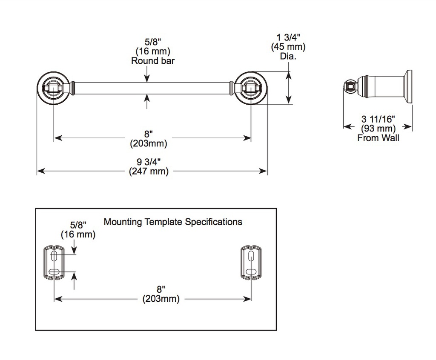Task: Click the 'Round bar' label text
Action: click(x=153, y=60)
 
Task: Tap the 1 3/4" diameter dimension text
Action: click(x=288, y=37)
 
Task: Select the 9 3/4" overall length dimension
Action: click(x=149, y=162)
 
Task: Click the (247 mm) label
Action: click(x=149, y=171)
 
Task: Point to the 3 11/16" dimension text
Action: click(x=378, y=119)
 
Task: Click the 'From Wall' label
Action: click(x=378, y=138)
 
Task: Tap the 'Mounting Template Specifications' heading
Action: click(x=173, y=222)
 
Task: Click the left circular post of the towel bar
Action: click(x=53, y=88)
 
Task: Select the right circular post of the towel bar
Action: click(x=251, y=88)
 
